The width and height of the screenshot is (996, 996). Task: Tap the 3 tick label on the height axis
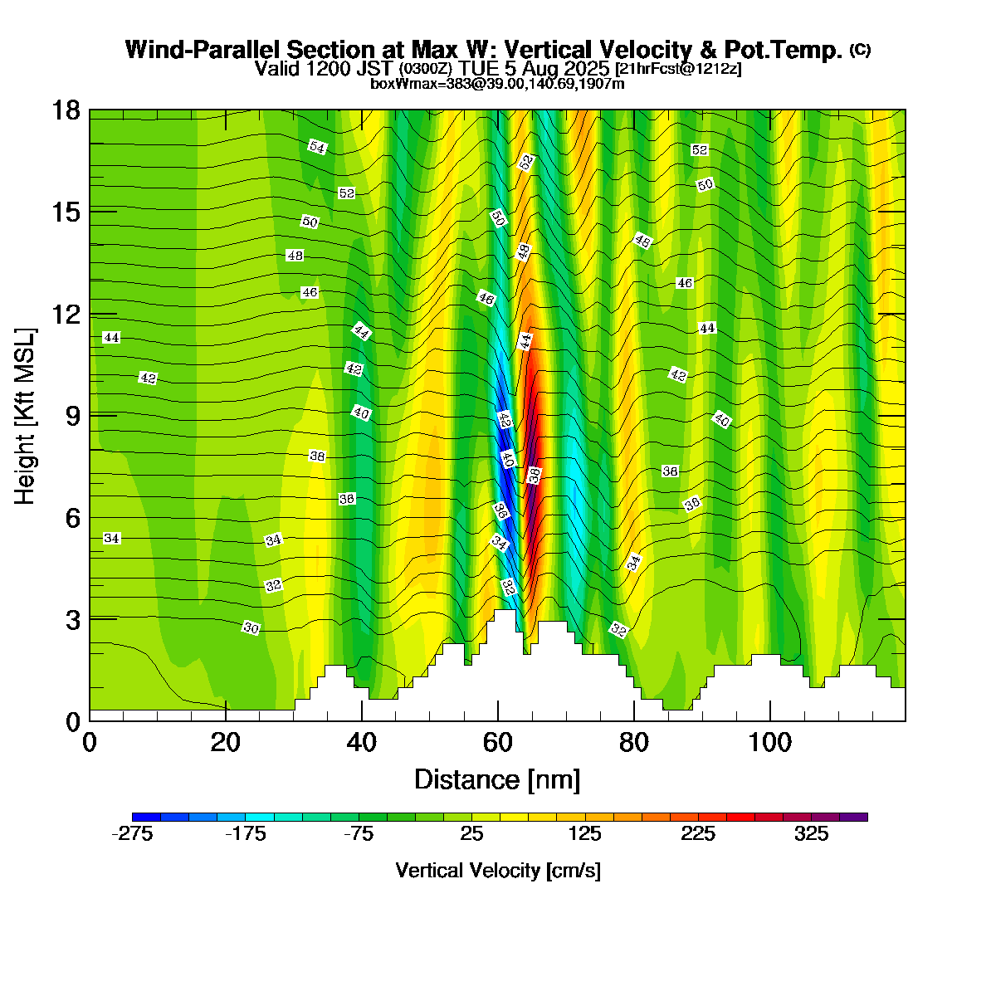coord(74,620)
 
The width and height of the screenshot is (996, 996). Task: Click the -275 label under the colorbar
coord(132,834)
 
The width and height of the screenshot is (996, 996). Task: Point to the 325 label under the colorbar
coord(812,834)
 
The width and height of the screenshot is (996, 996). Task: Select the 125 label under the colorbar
coord(585,834)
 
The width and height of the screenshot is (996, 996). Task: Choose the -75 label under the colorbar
coord(359,834)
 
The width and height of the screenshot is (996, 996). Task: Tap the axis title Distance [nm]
coord(497,780)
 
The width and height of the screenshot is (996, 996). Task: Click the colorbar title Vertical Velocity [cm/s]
coord(498,871)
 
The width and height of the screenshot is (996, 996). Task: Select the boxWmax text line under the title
coord(497,84)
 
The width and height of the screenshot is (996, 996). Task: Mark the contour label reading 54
coord(317,147)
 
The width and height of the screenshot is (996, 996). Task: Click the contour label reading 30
coord(251,628)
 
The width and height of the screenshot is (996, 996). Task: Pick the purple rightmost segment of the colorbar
coord(853,817)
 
